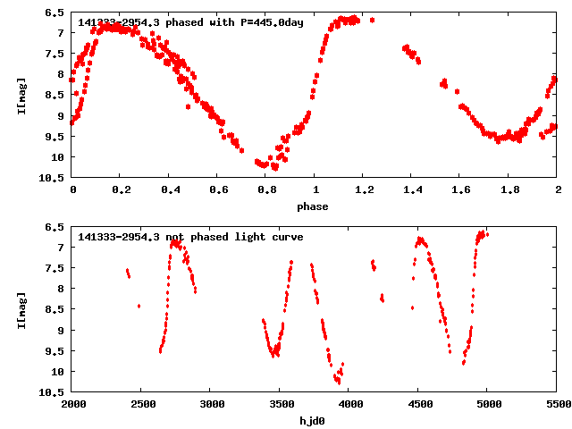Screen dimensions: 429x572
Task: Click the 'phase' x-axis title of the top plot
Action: [x=315, y=206]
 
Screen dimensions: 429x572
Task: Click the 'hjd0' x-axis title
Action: [x=315, y=421]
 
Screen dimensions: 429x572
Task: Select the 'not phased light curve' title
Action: [x=190, y=237]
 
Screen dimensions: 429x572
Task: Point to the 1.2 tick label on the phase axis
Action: [x=363, y=189]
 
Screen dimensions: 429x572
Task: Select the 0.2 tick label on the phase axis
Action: [x=121, y=189]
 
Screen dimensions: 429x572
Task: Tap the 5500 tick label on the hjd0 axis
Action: [x=557, y=404]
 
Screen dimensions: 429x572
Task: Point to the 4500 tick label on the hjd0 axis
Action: [x=418, y=404]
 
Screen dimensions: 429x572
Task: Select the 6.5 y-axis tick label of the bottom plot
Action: [x=55, y=227]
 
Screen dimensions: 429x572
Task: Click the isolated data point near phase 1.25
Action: [x=372, y=20]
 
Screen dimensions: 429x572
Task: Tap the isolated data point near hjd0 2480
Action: [x=139, y=307]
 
